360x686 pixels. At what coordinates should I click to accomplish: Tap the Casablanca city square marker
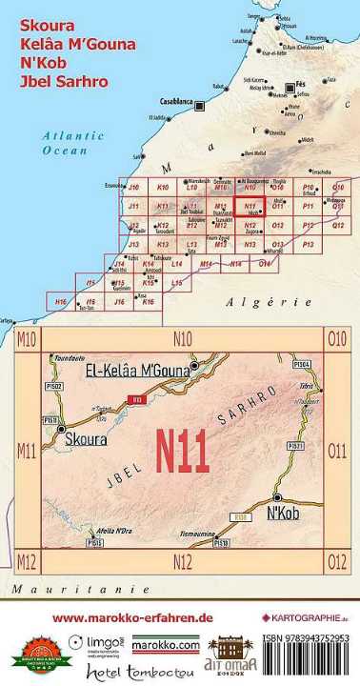coord(199,104)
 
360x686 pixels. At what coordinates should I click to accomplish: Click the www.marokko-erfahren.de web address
coord(131,617)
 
